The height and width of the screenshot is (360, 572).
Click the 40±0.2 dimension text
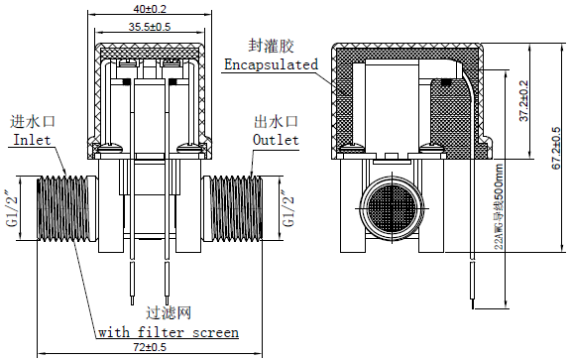click(x=151, y=8)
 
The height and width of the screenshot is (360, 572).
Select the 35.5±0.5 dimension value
click(x=151, y=27)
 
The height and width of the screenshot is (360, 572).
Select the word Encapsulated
click(x=271, y=64)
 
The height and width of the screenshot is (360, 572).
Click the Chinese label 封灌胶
click(x=270, y=46)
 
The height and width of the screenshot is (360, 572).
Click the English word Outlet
click(x=276, y=140)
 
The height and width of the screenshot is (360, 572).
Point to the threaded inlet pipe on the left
click(x=63, y=207)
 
